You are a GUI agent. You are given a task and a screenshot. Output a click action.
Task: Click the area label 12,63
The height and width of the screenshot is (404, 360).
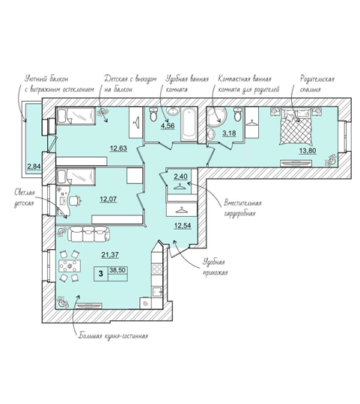(x=119, y=148)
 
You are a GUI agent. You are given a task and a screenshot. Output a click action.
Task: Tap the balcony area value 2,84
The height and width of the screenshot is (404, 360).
(x=34, y=166)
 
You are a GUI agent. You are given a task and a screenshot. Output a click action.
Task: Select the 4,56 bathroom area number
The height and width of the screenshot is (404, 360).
(x=168, y=126)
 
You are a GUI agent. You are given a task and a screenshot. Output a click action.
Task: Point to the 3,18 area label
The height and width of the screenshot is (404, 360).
(x=229, y=133)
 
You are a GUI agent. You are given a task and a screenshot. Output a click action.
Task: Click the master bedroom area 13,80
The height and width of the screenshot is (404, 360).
(x=308, y=150)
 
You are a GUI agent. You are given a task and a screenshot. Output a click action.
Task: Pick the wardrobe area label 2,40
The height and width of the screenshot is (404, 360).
(x=180, y=177)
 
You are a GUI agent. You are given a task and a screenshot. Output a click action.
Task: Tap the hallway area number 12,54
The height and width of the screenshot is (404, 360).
(x=183, y=226)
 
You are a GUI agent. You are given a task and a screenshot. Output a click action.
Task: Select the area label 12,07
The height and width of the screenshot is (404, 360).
(x=109, y=199)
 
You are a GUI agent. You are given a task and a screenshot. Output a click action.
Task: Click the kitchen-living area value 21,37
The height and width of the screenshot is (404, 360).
(x=110, y=254)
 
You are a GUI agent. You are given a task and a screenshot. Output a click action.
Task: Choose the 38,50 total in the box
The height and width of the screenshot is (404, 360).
(x=118, y=270)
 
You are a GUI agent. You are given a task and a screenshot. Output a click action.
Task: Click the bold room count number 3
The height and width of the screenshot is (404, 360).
(x=101, y=273)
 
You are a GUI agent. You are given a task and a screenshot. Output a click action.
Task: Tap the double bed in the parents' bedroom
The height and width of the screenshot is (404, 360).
(x=296, y=126)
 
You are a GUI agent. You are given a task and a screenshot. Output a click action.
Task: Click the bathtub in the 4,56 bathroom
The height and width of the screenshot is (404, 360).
(x=189, y=125)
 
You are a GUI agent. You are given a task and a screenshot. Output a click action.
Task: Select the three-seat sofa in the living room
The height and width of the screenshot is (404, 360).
(x=88, y=234)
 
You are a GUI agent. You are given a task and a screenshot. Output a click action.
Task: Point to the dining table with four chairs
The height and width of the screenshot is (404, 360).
(x=70, y=266)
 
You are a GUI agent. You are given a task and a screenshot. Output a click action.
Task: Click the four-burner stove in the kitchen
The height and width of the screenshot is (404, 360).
(x=156, y=269)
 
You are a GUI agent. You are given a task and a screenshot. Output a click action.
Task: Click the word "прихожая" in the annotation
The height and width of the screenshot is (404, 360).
(x=215, y=272)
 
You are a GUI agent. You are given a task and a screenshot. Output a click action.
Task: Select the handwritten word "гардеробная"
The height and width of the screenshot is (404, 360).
(x=240, y=213)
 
